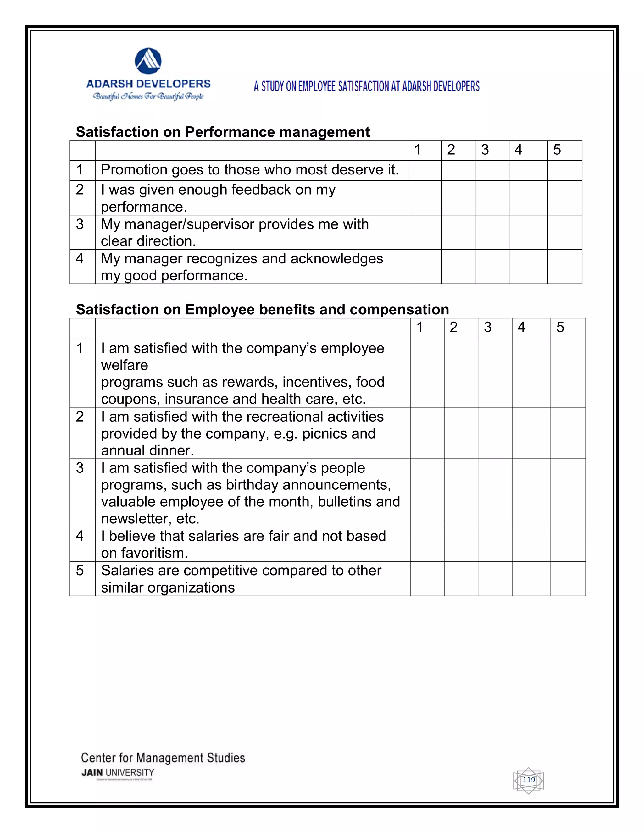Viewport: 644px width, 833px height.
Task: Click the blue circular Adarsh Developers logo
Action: point(148,61)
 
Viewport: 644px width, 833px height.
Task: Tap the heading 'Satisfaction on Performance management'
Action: point(223,132)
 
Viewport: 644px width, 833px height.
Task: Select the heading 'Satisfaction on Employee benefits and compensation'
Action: point(263,309)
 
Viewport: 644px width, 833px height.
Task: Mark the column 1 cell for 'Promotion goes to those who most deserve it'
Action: point(424,170)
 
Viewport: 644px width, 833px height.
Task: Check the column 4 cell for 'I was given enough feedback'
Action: point(528,198)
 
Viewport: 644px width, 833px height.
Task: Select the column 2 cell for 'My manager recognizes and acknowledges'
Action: point(458,267)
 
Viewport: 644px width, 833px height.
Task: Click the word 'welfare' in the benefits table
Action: point(125,365)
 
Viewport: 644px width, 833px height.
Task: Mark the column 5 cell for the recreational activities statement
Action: point(568,433)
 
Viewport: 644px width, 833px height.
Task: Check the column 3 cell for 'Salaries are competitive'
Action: point(495,579)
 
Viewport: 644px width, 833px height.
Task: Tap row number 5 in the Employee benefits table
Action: point(80,571)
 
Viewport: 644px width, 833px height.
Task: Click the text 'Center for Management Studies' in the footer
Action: point(163,758)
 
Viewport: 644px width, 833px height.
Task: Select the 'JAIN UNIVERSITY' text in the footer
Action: point(118,773)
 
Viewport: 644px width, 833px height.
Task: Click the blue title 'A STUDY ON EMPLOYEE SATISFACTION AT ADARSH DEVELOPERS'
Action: point(367,86)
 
